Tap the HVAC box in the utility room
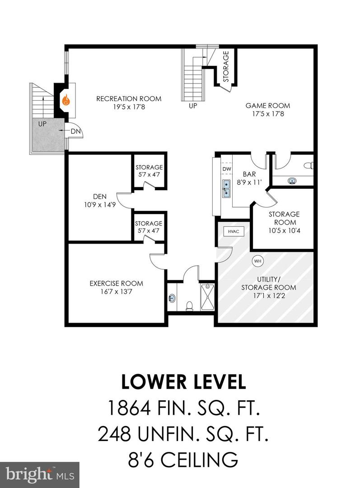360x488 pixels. [233, 231]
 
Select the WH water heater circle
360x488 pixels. [257, 261]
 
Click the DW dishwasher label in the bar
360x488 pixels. [227, 169]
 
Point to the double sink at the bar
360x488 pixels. [226, 189]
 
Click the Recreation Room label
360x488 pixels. [129, 99]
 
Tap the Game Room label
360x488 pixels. [268, 106]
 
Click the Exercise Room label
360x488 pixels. [116, 283]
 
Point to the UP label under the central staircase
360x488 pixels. [193, 107]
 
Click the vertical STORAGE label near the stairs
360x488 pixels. [226, 66]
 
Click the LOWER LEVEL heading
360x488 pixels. [183, 382]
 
